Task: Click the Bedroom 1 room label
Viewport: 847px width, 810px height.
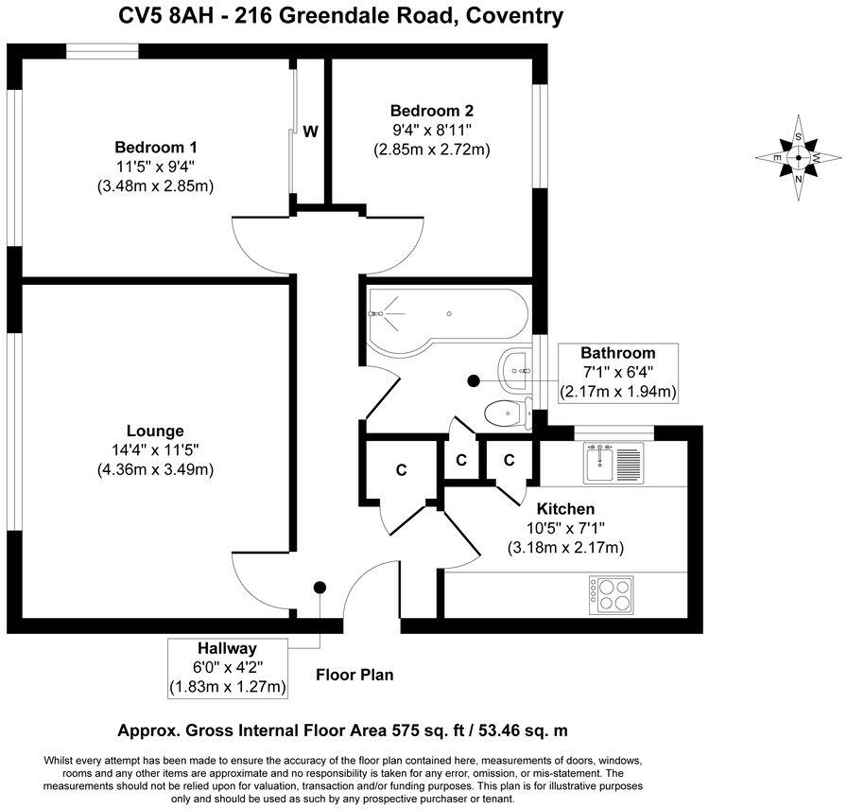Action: click(155, 148)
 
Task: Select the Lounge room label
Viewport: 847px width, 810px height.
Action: click(155, 431)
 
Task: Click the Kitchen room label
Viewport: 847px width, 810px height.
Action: click(565, 509)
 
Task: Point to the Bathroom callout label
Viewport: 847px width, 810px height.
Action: click(617, 353)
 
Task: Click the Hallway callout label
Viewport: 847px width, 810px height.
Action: click(227, 649)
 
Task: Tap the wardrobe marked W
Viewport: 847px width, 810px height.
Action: click(309, 132)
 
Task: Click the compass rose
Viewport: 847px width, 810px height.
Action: click(799, 157)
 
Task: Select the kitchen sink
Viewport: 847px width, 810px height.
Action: click(614, 463)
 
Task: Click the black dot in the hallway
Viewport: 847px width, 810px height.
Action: click(320, 588)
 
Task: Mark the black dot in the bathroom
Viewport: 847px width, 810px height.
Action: click(473, 380)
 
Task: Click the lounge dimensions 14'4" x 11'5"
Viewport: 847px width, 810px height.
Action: click(155, 449)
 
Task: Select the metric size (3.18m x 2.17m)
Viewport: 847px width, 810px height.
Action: click(565, 547)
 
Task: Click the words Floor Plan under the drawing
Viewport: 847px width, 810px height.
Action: click(354, 675)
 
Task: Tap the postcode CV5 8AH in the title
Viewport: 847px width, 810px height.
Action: click(162, 16)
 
